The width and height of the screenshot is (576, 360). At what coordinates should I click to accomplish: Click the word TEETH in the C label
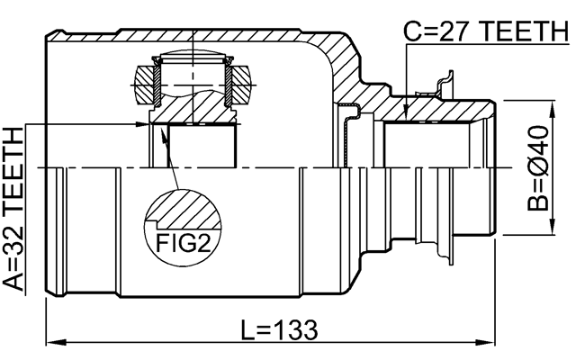tap(518, 32)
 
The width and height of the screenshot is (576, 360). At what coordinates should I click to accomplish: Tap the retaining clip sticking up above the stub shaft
tap(442, 85)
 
